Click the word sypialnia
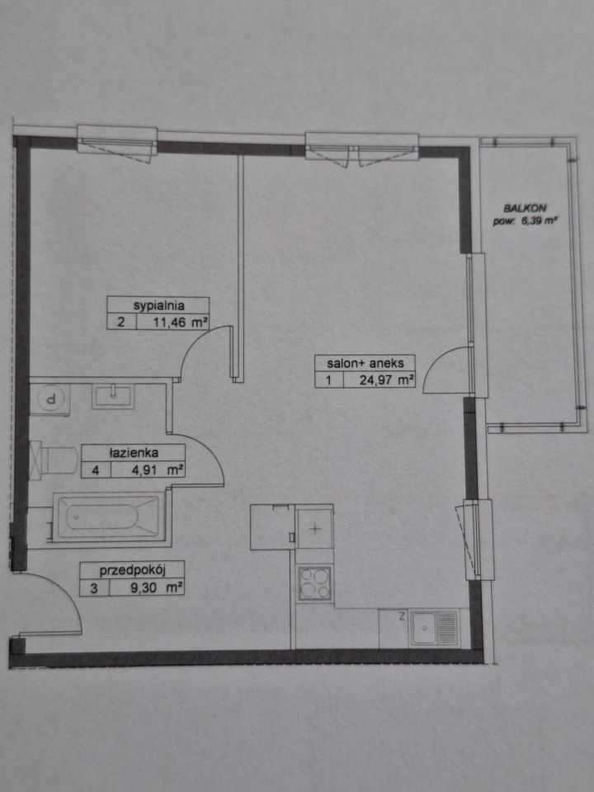tap(158, 305)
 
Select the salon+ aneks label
tap(365, 363)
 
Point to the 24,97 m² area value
tap(387, 379)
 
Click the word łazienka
tap(134, 453)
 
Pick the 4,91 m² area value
tap(158, 470)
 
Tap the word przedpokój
tap(133, 571)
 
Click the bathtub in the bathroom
tap(106, 517)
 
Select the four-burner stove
tap(314, 583)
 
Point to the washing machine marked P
tap(49, 399)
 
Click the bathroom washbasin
tap(113, 396)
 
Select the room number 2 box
tap(121, 322)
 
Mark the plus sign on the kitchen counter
tap(314, 529)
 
